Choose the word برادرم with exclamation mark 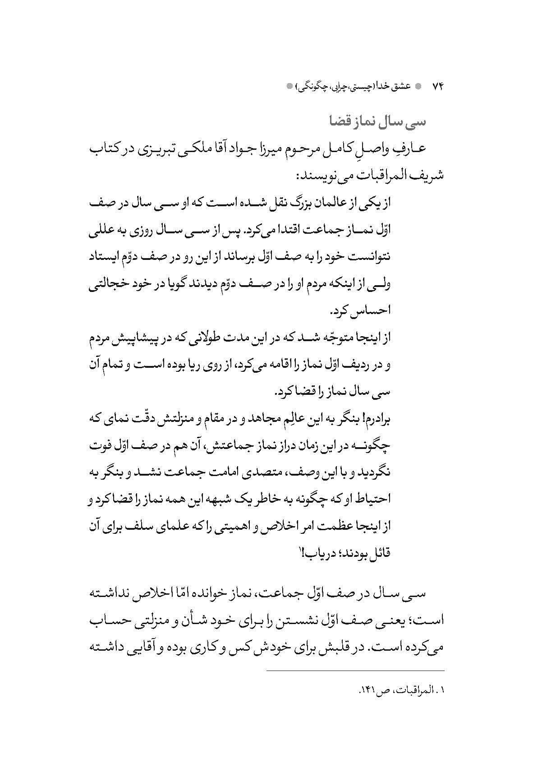373,419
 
